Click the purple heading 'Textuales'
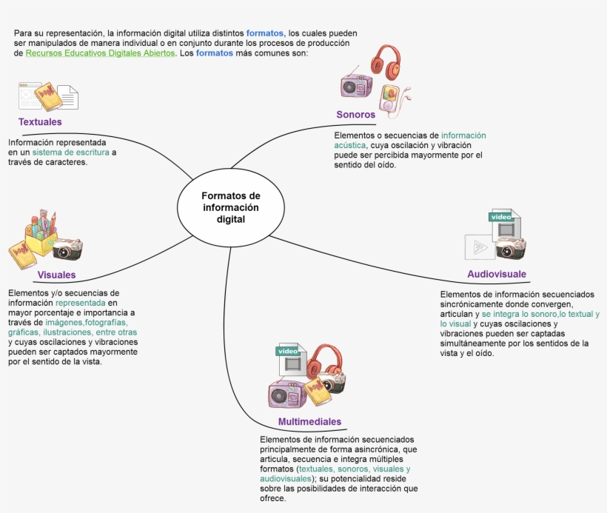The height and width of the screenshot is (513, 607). (x=40, y=121)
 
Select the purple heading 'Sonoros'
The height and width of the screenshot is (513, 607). (x=355, y=115)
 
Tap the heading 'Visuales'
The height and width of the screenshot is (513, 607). (x=56, y=275)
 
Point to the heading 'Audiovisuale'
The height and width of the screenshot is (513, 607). (x=497, y=274)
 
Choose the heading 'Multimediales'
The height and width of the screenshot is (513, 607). (x=309, y=422)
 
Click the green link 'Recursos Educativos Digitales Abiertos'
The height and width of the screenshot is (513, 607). (x=100, y=53)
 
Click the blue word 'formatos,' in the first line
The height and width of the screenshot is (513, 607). (x=266, y=33)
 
